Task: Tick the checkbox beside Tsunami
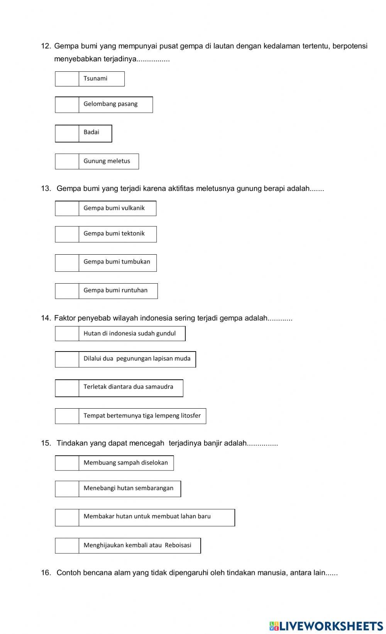(67, 79)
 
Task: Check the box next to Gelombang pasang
(67, 105)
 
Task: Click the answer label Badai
(91, 132)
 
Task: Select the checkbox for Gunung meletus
(67, 161)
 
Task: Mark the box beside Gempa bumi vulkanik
(67, 208)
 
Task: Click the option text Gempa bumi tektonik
(114, 233)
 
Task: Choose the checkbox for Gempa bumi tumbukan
(67, 263)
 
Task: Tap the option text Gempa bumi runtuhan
(115, 290)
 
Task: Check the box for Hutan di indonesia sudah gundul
(67, 333)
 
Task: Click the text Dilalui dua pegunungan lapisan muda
(137, 358)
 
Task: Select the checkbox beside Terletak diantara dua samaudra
(67, 388)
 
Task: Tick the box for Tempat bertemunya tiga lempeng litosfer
(67, 416)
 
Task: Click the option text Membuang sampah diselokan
(126, 463)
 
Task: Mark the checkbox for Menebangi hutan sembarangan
(67, 489)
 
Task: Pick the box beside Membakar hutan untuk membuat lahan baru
(67, 517)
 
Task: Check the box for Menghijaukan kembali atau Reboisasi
(67, 546)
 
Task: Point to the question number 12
(46, 46)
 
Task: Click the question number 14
(46, 318)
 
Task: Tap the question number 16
(46, 573)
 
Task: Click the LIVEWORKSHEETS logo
(326, 626)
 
